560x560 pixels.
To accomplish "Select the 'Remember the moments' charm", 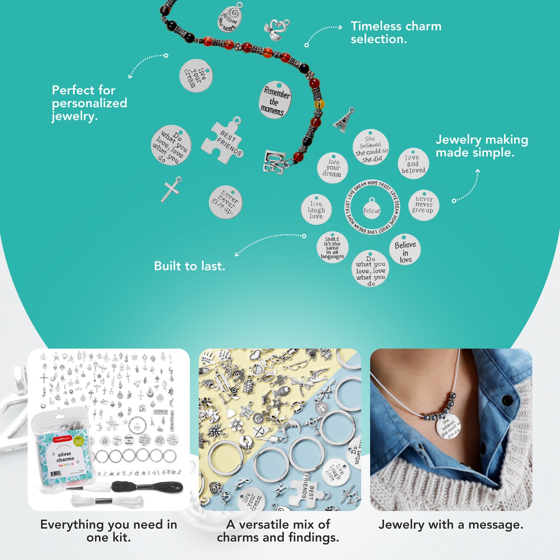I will (275, 100).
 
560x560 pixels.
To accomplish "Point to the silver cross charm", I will (171, 189).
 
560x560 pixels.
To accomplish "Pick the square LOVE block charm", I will (274, 161).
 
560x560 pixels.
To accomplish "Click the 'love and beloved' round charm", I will (413, 164).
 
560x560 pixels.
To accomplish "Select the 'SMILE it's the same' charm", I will (332, 247).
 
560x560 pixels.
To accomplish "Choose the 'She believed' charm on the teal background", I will (371, 148).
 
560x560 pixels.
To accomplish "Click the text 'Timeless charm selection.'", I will (395, 32).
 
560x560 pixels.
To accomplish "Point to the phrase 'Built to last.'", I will (189, 266).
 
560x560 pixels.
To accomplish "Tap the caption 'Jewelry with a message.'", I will (451, 525).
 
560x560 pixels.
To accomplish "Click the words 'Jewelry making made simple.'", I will (481, 146).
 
